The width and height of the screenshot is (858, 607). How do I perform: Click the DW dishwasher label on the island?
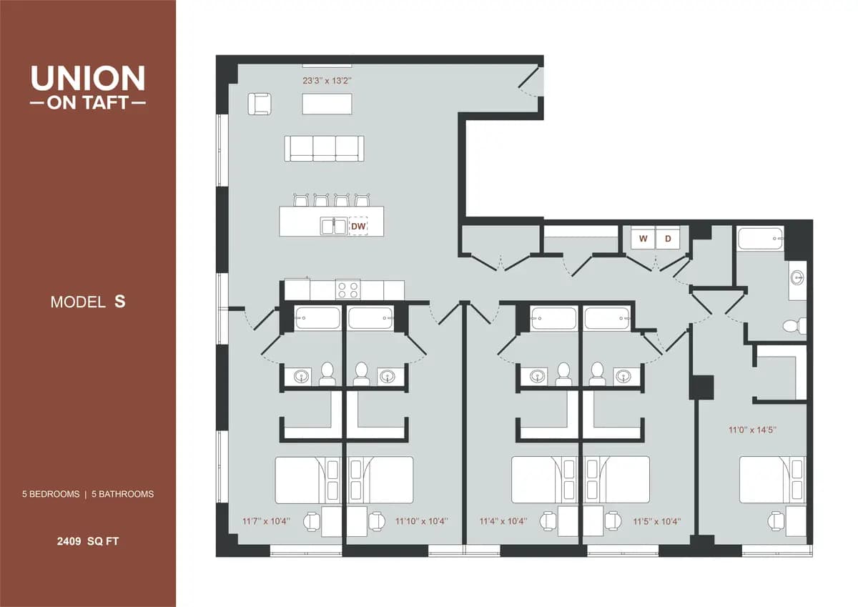click(x=358, y=227)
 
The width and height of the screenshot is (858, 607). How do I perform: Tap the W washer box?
click(x=643, y=239)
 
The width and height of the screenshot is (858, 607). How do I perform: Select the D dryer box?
click(x=669, y=239)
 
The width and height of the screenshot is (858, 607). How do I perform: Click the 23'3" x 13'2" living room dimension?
click(x=328, y=81)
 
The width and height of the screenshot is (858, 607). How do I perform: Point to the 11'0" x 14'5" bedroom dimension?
click(x=752, y=430)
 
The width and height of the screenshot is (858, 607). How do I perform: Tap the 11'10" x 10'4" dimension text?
click(x=421, y=521)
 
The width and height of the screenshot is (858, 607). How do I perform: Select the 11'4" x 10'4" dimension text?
click(x=503, y=521)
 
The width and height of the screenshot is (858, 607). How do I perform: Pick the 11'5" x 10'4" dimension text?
click(x=656, y=521)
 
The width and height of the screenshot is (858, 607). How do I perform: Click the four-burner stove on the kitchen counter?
click(x=349, y=290)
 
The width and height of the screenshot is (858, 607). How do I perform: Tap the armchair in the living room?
click(x=260, y=104)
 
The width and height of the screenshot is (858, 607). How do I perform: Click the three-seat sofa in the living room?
click(x=324, y=148)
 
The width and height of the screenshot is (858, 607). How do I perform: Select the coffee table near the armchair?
click(x=328, y=104)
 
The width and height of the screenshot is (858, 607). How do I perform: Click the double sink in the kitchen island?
click(x=334, y=227)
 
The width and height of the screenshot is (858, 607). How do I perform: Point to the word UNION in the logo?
click(x=88, y=78)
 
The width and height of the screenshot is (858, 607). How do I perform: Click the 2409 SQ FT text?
click(x=88, y=541)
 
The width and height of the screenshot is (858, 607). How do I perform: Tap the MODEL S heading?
click(x=88, y=302)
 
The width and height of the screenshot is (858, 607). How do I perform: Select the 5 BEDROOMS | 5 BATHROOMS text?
click(x=88, y=494)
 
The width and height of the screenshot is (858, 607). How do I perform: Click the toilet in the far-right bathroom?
click(x=792, y=326)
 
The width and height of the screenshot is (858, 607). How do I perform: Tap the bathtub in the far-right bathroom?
click(x=761, y=238)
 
